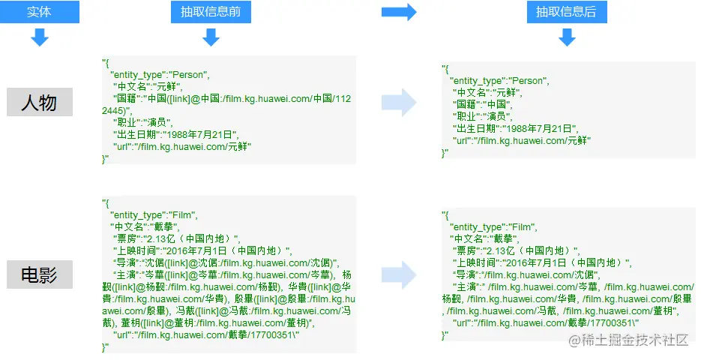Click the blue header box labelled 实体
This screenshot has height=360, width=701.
pos(40,12)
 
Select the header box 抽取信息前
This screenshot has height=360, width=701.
pos(211,12)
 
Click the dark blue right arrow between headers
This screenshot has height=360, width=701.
pos(398,12)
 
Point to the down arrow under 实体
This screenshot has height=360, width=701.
pos(40,37)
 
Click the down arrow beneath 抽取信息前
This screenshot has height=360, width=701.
pos(211,37)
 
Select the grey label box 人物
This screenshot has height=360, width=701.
pos(40,102)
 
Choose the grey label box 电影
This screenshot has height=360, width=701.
pos(40,274)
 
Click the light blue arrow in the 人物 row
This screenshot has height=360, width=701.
pos(398,102)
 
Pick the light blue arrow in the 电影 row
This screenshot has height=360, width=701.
pos(398,274)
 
